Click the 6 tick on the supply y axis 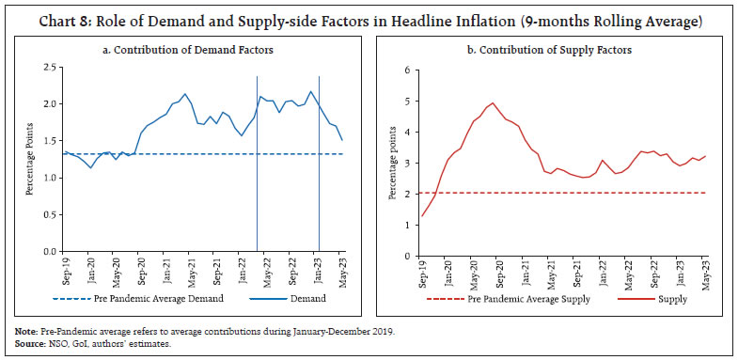click(407, 70)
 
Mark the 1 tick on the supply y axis click(407, 226)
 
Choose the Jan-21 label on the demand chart click(166, 273)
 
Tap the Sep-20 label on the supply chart click(494, 273)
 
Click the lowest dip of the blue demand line click(90, 167)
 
